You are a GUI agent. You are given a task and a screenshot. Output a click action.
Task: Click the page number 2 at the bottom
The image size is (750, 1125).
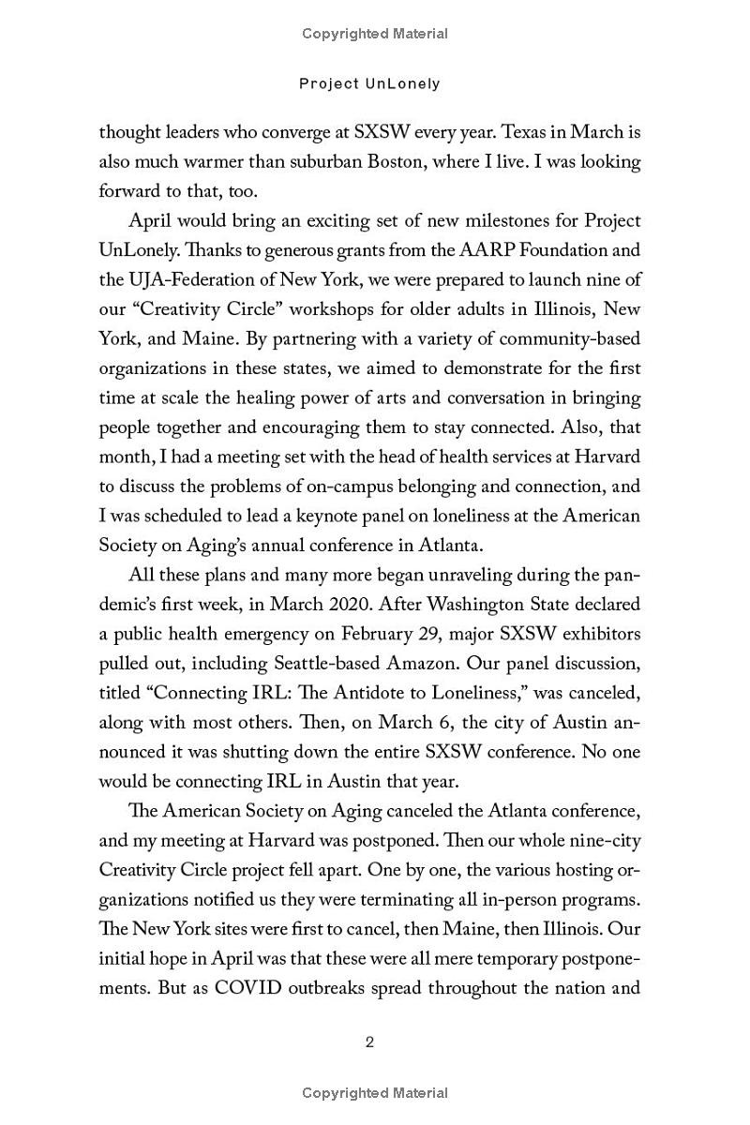click(x=369, y=1042)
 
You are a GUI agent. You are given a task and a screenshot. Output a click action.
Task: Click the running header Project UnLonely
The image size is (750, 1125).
click(x=369, y=83)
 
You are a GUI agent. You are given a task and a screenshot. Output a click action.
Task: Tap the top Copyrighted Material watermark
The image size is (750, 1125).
click(x=375, y=34)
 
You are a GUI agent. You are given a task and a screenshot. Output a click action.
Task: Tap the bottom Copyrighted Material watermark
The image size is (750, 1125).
click(x=375, y=1093)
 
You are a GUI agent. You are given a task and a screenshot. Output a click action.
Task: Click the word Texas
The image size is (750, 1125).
click(x=487, y=132)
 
